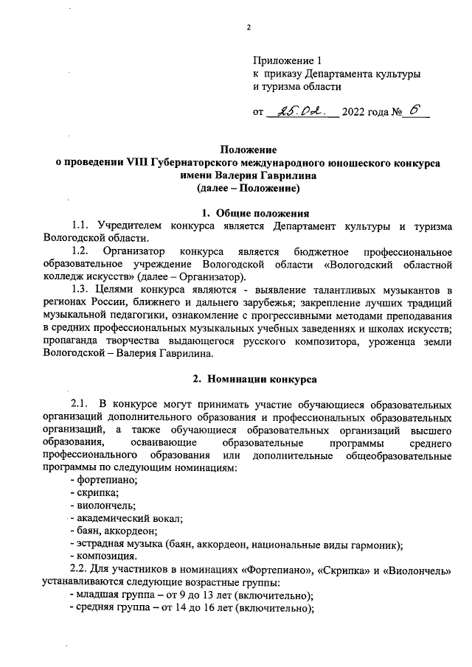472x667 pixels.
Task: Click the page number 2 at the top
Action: (249, 28)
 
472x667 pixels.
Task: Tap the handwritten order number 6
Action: (415, 111)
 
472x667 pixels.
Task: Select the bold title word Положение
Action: (248, 150)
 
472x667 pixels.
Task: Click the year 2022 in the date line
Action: (355, 113)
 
